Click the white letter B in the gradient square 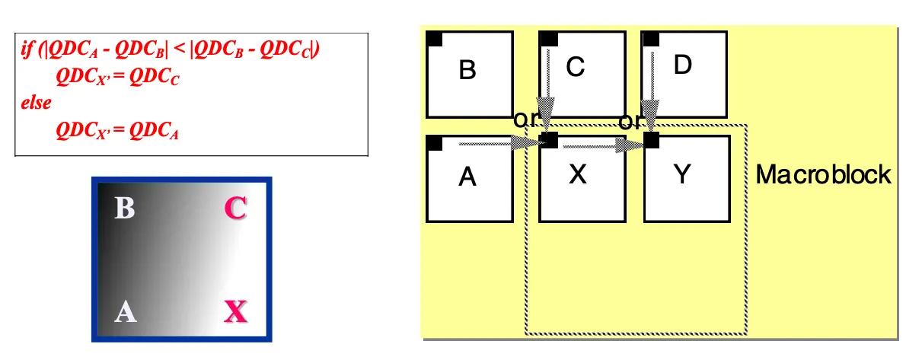(124, 208)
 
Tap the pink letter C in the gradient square (235, 208)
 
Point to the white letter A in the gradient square (126, 311)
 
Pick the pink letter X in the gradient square (236, 311)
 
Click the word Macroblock (823, 175)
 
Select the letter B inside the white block (467, 71)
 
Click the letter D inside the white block (683, 65)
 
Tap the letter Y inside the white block (683, 175)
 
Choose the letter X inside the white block (578, 175)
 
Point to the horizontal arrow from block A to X (495, 142)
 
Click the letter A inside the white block (467, 178)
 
